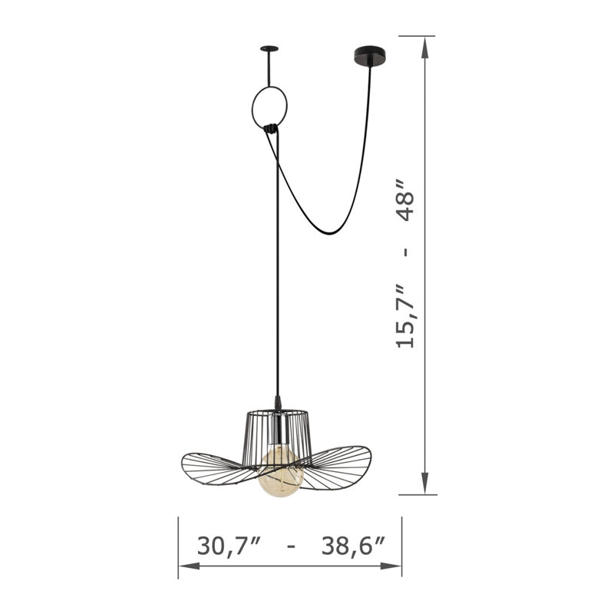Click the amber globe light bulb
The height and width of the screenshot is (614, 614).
point(281,474)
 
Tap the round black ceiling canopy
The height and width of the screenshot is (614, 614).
point(369,57)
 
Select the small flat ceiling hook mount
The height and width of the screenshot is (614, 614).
point(269,49)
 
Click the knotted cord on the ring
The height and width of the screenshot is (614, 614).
point(271,128)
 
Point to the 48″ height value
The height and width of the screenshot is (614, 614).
point(405,200)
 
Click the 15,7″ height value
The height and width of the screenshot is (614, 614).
point(405,317)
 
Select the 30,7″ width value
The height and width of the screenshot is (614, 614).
point(229,546)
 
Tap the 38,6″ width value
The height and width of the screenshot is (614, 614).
point(353,546)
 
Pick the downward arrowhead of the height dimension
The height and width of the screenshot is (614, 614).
point(425,484)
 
